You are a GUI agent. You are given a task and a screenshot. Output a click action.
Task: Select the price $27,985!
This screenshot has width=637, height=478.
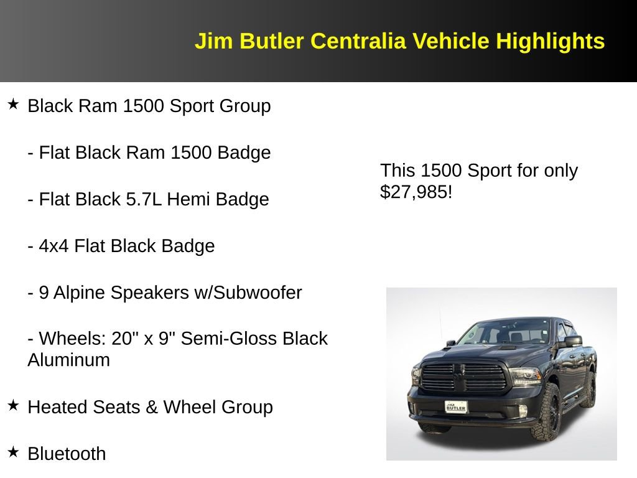click(416, 192)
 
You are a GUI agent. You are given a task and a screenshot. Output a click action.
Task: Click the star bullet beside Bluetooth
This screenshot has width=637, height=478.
click(14, 451)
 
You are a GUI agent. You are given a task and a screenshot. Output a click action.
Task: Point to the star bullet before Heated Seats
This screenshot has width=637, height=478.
click(14, 405)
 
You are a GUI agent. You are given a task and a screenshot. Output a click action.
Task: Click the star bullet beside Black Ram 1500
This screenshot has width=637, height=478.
click(14, 104)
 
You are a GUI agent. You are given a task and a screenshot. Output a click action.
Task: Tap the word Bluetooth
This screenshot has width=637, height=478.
click(67, 454)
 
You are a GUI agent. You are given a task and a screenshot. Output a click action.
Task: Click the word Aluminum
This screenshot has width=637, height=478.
click(68, 360)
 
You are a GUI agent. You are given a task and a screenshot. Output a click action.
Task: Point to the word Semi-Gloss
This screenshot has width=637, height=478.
click(237, 339)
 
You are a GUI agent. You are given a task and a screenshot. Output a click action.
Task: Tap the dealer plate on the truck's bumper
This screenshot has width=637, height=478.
click(456, 406)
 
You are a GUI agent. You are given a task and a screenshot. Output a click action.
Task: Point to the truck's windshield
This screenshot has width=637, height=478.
click(504, 333)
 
